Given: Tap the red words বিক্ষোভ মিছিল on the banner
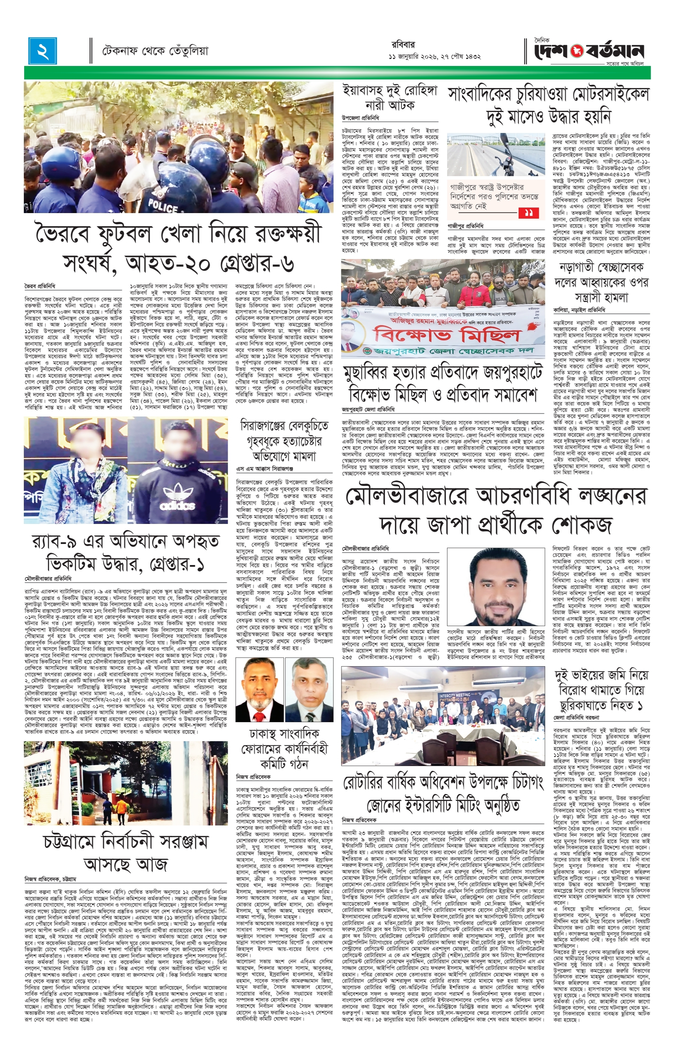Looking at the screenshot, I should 441,335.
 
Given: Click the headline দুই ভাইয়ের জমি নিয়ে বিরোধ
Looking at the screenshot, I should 601,689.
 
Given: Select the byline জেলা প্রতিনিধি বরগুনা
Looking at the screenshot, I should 583,717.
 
